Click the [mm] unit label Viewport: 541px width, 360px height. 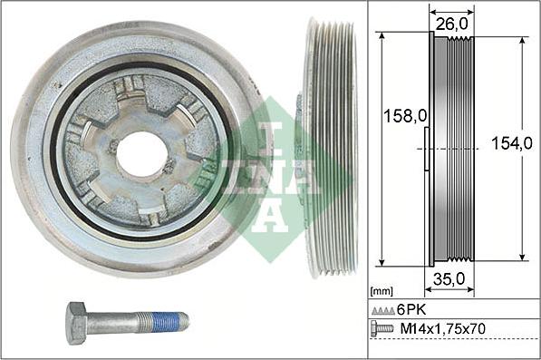point(382,293)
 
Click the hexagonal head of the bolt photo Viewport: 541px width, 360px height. point(77,321)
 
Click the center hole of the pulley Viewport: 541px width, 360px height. point(141,153)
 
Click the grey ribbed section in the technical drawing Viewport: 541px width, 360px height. point(450,150)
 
